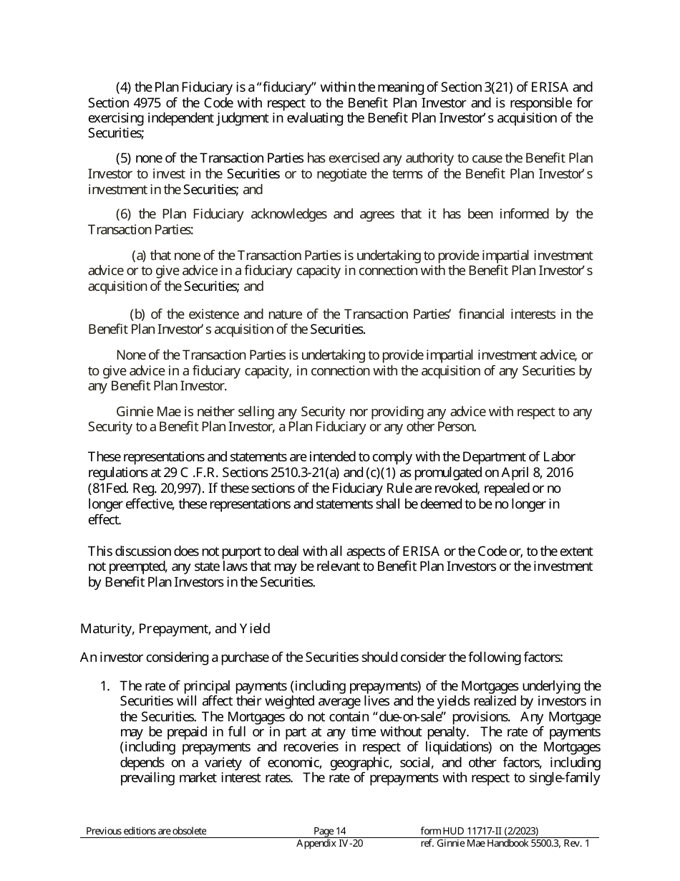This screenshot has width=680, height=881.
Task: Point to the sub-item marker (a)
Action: tap(140, 256)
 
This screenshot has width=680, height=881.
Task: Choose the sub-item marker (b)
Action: tap(137, 314)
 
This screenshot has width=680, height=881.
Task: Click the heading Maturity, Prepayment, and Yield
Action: tap(175, 629)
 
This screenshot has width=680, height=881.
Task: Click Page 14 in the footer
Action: tap(329, 831)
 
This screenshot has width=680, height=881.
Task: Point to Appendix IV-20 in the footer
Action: tap(329, 844)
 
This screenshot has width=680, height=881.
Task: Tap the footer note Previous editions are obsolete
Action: tap(146, 831)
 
